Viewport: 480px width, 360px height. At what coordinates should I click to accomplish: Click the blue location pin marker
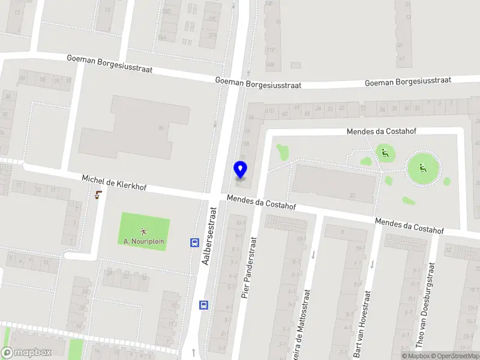pos(240,170)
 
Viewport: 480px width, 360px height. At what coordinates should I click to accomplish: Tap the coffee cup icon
pos(98,194)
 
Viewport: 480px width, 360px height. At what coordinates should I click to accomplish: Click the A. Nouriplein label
pos(144,241)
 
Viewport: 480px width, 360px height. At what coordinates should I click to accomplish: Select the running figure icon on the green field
pos(144,231)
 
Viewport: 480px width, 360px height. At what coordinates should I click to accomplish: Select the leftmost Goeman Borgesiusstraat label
pos(109,64)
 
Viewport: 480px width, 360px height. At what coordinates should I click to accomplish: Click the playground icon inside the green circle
pos(423,168)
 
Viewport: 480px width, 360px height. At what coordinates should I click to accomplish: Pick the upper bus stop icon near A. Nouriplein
pos(195,243)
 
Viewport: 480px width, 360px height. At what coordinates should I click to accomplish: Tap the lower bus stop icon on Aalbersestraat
pos(204,304)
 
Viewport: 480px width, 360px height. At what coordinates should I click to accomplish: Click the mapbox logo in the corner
pos(26,353)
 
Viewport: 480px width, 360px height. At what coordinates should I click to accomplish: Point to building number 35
pos(161,128)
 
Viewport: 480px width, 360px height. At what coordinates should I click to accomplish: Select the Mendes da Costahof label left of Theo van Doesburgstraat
pos(409,226)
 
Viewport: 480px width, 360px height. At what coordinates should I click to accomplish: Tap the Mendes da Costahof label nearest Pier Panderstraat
pos(262,202)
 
